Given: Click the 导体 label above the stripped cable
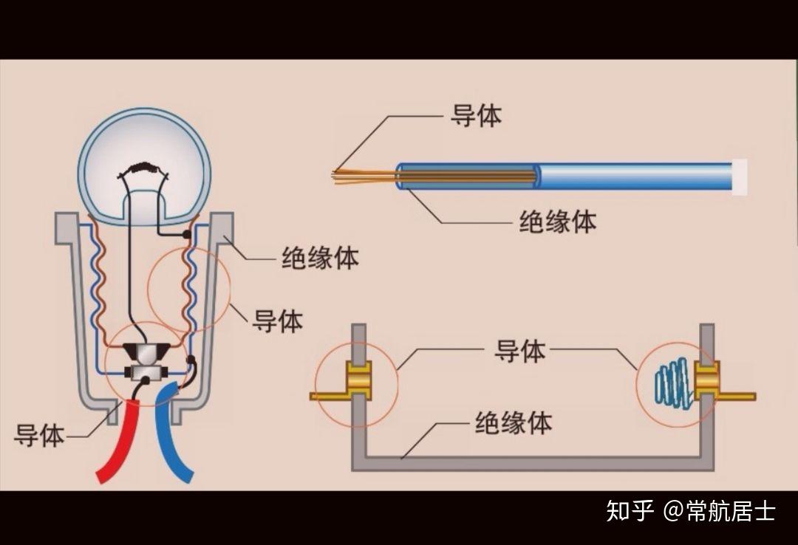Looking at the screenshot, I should tap(476, 116).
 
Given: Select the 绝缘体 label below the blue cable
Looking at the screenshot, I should tap(557, 222).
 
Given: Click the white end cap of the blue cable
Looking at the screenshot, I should tap(739, 177).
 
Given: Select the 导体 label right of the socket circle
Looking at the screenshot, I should tap(278, 321).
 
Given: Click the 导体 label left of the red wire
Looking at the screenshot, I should tap(39, 436).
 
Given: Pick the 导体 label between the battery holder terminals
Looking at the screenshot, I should tap(519, 352).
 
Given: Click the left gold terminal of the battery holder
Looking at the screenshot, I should tap(358, 380).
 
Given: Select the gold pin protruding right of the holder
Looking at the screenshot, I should tap(736, 397).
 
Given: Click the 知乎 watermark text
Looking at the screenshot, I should tap(630, 510).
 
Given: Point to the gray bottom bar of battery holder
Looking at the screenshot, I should tap(532, 463).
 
